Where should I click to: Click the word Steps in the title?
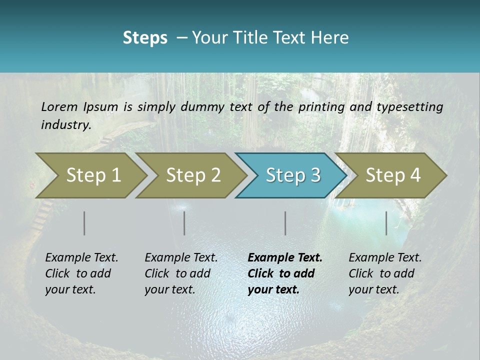(x=145, y=38)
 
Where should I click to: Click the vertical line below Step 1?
(x=84, y=223)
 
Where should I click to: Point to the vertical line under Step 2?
(x=184, y=223)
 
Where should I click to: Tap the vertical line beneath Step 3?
(x=285, y=223)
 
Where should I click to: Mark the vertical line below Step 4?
(x=386, y=223)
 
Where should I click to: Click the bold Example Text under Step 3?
(x=285, y=273)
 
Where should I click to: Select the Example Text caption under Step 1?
(x=81, y=273)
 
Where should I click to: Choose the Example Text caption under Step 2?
(x=181, y=273)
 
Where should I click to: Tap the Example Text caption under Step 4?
(x=385, y=273)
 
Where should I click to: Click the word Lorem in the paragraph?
(x=59, y=107)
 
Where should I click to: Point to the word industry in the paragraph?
(x=65, y=125)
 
